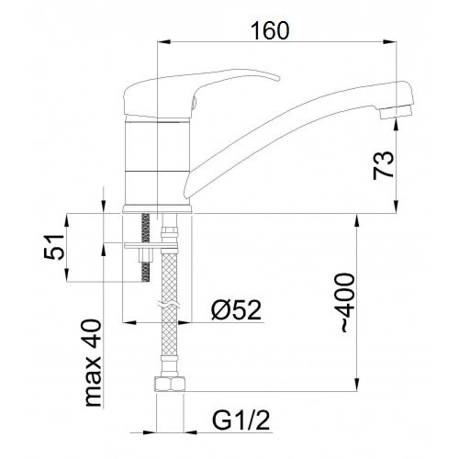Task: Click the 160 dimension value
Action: (270, 31)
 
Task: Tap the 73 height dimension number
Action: (383, 165)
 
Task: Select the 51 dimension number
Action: (54, 247)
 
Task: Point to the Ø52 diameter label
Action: (237, 310)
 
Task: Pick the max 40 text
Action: (93, 364)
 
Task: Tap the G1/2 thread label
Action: (241, 420)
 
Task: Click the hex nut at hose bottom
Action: (169, 385)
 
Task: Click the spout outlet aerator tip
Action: (397, 112)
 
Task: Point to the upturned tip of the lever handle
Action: (277, 78)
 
